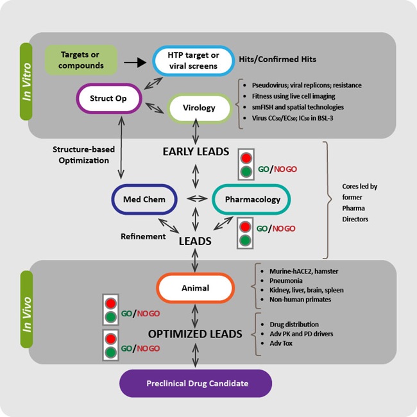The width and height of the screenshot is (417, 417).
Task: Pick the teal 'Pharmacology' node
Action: tap(253, 200)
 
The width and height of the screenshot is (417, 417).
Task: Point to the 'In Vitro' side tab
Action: tap(26, 81)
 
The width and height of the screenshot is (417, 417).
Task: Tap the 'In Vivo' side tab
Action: tap(26, 309)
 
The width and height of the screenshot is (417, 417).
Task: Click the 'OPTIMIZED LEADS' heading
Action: tap(195, 334)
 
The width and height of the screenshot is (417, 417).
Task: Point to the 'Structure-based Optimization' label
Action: tap(83, 155)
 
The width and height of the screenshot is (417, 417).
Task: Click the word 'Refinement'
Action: tap(143, 236)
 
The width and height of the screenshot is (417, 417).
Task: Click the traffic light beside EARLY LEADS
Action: tap(244, 164)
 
